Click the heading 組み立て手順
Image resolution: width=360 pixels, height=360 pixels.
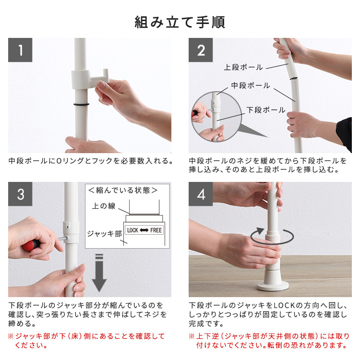[180, 22]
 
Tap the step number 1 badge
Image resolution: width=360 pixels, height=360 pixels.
[20, 50]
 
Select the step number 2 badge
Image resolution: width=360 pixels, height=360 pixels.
[201, 50]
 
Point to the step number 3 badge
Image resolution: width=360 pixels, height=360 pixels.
[20, 194]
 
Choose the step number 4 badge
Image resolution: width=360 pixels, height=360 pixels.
[201, 194]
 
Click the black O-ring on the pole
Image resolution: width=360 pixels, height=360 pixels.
[81, 105]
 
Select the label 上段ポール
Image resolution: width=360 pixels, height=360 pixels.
[243, 67]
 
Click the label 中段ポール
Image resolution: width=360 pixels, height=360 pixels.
[251, 85]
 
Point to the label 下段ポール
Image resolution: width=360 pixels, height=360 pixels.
[266, 110]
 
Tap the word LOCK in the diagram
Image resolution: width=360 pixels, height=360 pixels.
[132, 230]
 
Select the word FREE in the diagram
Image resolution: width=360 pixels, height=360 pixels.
[156, 230]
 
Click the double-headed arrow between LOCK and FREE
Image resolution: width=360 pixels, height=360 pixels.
[144, 230]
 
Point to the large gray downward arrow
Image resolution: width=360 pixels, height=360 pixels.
[99, 273]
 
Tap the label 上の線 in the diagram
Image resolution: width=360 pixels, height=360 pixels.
[104, 206]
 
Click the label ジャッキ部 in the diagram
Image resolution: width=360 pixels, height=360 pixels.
[105, 234]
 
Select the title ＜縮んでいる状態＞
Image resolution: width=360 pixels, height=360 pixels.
[123, 191]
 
